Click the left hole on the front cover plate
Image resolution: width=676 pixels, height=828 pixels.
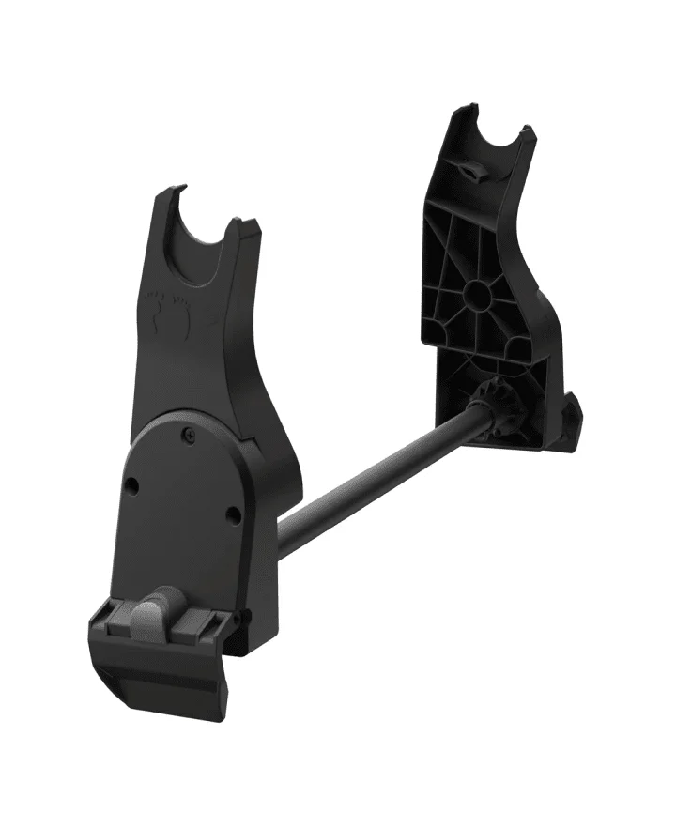click(131, 485)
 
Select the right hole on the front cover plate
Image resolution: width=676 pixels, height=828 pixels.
click(233, 513)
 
